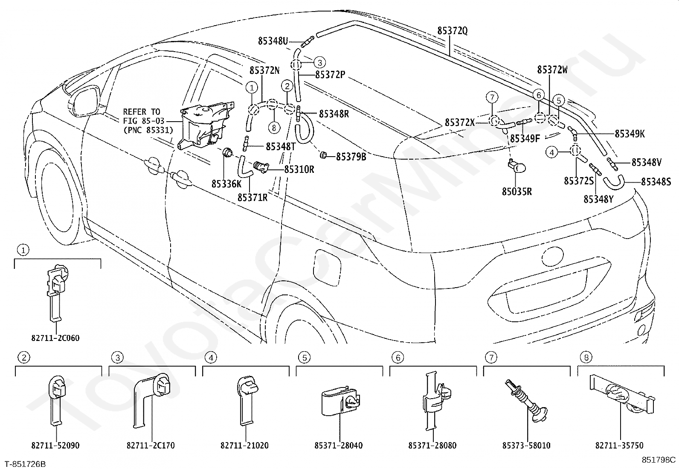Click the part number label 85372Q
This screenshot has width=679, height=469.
coord(452,31)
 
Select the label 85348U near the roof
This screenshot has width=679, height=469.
coord(273,41)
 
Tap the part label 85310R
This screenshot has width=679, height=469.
coord(299,169)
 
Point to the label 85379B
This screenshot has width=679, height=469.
coord(351,157)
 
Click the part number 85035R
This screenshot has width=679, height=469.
coord(517,192)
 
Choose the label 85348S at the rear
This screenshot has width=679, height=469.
coord(656,182)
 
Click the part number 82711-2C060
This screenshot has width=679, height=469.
coord(55,338)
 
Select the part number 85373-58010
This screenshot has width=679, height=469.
coord(526,446)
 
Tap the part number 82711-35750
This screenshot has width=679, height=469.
coord(619,446)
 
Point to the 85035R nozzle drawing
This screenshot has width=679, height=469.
coord(517,166)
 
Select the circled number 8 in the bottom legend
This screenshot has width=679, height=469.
coord(586,357)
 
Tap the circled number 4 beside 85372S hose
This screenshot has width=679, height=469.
coord(552,152)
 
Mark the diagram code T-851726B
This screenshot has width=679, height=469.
coord(26,464)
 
